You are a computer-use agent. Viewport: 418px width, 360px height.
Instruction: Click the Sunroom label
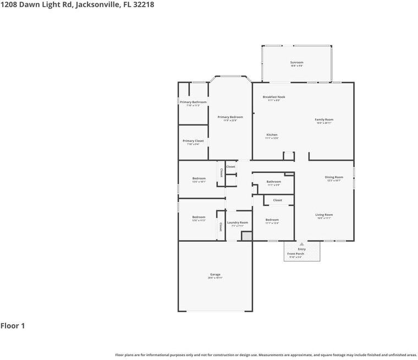coord(296,63)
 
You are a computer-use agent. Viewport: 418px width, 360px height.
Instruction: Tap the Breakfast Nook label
coord(274,97)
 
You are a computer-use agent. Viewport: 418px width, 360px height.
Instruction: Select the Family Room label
coord(324,119)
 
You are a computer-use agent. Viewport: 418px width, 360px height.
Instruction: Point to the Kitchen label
coord(272,135)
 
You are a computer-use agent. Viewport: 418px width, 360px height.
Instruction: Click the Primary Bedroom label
coord(230,117)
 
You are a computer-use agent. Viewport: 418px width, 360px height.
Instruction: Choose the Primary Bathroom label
coord(193,102)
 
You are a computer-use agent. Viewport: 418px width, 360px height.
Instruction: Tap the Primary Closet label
coord(193,141)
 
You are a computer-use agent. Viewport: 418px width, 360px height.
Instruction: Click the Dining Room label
coord(334,177)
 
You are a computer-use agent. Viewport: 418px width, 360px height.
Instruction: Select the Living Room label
coord(324,215)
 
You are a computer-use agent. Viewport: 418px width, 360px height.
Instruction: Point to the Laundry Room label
coord(238,222)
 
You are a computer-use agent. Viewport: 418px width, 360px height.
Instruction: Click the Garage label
coord(215,275)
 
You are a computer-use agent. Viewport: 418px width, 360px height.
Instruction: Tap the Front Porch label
coord(295,254)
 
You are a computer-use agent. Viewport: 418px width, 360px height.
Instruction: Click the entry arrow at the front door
coord(301,243)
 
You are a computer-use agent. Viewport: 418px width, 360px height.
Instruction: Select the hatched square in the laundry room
coord(246,236)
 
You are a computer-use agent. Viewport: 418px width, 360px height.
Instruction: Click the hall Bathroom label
coord(274,182)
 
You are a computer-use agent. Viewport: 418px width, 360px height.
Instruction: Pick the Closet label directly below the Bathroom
coord(278,200)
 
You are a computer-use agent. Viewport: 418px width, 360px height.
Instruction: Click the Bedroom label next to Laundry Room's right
coord(272,220)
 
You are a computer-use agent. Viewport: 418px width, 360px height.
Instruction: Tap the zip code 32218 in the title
coord(144,4)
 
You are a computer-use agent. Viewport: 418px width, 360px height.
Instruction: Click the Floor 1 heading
coord(13,326)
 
